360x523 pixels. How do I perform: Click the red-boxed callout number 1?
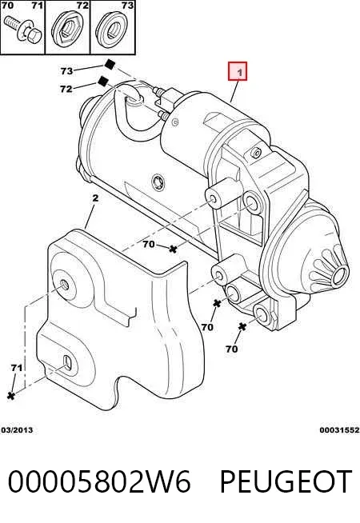click(238, 71)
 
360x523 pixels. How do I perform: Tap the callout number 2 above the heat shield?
click(95, 198)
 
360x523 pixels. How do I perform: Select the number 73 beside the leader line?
click(66, 70)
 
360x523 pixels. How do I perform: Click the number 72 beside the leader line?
click(66, 89)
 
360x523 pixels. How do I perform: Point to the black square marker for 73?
click(110, 64)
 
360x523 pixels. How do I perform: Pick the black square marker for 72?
click(103, 81)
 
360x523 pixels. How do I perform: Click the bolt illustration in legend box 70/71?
click(22, 28)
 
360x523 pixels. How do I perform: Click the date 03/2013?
click(17, 430)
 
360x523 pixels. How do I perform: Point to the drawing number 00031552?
click(340, 430)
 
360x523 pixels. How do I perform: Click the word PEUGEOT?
click(286, 481)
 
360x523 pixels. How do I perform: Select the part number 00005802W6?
click(99, 481)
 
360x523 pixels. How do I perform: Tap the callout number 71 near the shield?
click(16, 368)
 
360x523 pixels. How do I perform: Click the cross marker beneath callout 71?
click(11, 396)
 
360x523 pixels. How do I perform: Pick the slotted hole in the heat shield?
click(67, 362)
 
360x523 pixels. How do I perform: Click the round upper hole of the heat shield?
click(64, 285)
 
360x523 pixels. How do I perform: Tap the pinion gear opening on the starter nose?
click(341, 276)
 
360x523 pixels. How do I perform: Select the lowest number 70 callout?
click(231, 349)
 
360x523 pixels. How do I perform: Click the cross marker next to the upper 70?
click(173, 249)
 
